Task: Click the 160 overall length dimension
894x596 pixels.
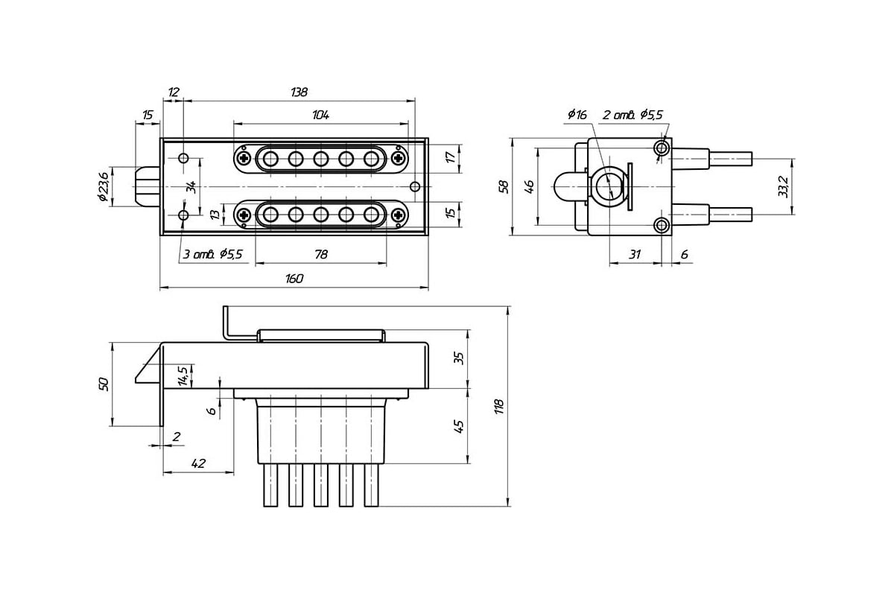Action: click(x=294, y=278)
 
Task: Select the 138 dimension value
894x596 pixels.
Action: click(x=299, y=92)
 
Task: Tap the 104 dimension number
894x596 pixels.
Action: click(x=320, y=115)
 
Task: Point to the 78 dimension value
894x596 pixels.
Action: click(x=321, y=254)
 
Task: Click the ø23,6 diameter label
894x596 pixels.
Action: click(x=103, y=186)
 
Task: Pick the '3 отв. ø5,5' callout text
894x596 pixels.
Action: click(x=213, y=254)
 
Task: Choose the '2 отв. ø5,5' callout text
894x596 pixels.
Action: click(x=633, y=115)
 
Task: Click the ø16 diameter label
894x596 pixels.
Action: click(x=577, y=115)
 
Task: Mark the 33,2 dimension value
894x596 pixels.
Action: click(x=783, y=186)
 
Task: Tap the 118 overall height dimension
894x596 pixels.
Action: click(x=499, y=406)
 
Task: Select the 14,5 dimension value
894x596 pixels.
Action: click(x=183, y=375)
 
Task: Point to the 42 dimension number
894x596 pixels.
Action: click(x=198, y=463)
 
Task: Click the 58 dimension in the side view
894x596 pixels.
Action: click(x=504, y=187)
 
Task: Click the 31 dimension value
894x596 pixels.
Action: click(x=635, y=254)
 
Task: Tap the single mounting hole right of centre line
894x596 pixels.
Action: click(x=415, y=186)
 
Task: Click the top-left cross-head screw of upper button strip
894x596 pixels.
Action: click(x=244, y=159)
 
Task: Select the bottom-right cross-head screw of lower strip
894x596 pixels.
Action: click(x=398, y=215)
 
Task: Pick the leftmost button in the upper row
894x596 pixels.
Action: click(x=270, y=159)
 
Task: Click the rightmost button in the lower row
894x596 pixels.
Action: click(x=371, y=215)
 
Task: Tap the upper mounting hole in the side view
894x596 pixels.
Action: click(x=662, y=148)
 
